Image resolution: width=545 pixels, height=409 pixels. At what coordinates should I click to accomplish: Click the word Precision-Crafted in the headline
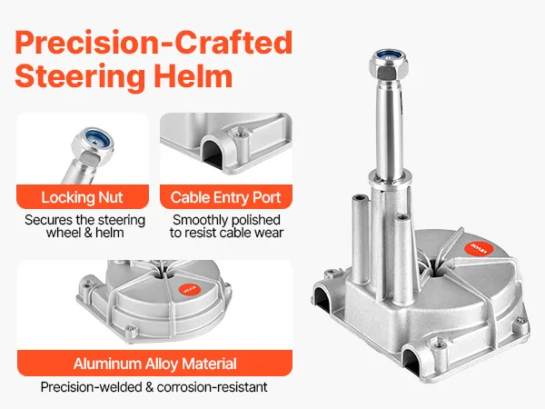pos(154,43)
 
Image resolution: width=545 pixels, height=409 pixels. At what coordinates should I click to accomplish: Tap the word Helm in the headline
pos(193,76)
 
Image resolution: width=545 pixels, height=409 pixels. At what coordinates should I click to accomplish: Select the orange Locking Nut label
pos(83,197)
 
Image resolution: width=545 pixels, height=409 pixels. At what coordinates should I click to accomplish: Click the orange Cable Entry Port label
pos(226,197)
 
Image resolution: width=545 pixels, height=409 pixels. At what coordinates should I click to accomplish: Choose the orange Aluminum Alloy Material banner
pos(154,364)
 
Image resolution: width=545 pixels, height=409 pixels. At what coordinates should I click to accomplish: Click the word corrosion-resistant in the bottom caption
pos(212,387)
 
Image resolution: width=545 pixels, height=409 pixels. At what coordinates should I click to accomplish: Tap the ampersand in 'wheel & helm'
pos(88,233)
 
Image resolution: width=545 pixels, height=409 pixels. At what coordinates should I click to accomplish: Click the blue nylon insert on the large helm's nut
pos(389,55)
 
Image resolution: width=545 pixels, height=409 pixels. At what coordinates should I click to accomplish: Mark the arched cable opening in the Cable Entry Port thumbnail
pos(213,153)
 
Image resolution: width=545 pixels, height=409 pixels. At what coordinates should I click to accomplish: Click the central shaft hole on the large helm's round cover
pos(435,267)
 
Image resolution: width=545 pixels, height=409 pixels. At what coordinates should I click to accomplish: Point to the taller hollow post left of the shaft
pos(360,240)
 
